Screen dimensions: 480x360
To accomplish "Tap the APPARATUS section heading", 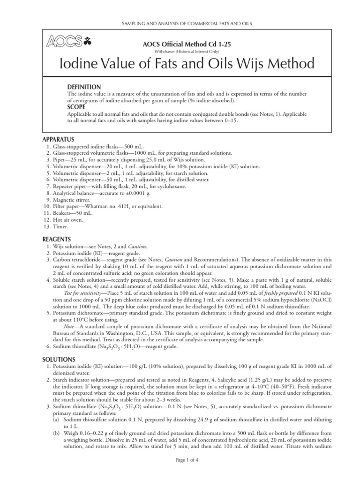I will tap(58, 139).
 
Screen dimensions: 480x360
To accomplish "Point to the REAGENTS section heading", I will tap(57, 239).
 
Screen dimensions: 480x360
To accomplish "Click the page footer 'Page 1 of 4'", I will tap(180, 472).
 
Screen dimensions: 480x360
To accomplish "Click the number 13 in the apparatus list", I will tap(45, 226).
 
